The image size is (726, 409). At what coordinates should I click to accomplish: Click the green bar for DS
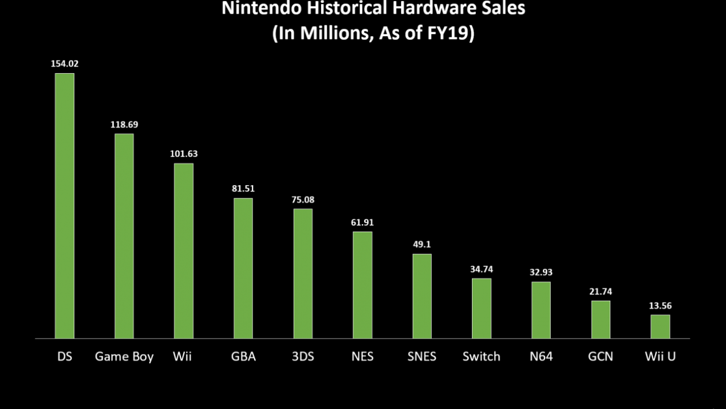click(65, 206)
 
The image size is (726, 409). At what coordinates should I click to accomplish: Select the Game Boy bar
click(124, 236)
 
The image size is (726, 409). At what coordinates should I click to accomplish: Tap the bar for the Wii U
click(660, 326)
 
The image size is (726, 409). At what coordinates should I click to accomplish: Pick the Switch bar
click(482, 308)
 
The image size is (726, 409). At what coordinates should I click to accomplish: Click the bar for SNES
click(422, 296)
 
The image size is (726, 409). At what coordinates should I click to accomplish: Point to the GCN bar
click(601, 319)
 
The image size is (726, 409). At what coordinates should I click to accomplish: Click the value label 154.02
click(65, 64)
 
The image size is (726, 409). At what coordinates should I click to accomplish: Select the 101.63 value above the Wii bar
click(184, 154)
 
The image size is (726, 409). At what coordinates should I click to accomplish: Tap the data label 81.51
click(243, 189)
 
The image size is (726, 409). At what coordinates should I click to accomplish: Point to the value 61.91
click(362, 223)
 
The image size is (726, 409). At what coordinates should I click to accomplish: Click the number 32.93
click(541, 272)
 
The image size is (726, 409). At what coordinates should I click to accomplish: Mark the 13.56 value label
click(660, 306)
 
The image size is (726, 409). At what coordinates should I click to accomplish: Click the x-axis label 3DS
click(303, 356)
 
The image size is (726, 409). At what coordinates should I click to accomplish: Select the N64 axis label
click(541, 356)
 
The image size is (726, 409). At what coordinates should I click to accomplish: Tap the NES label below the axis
click(362, 356)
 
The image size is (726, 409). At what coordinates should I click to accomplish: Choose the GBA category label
click(243, 356)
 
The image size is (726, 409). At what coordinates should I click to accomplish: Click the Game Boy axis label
click(124, 357)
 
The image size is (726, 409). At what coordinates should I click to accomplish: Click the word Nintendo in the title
click(262, 8)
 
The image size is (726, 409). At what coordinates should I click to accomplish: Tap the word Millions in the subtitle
click(337, 33)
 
